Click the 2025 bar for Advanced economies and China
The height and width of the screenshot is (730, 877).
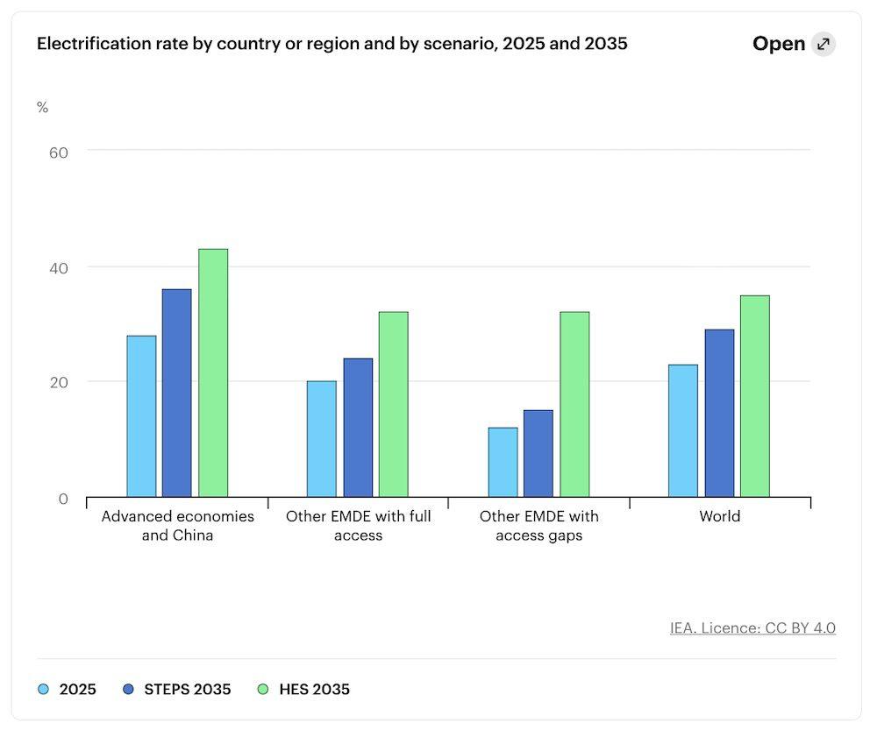(141, 416)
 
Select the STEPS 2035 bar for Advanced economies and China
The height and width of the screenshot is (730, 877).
(177, 393)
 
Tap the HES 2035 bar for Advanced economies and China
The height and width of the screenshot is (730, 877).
(213, 372)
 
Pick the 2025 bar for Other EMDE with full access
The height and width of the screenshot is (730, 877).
(322, 439)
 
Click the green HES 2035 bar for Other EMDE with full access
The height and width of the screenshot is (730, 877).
(394, 404)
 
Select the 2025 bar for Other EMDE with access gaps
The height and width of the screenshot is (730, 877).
(503, 462)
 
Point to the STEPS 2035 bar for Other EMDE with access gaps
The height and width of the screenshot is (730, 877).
(538, 453)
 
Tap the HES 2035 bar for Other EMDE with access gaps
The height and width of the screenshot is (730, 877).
(574, 404)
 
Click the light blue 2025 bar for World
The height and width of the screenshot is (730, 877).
(683, 431)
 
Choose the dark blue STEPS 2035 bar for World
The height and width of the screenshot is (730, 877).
(719, 413)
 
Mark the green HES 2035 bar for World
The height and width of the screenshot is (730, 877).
(755, 396)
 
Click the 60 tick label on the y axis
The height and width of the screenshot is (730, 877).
(59, 152)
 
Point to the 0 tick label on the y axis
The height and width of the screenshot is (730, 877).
(63, 499)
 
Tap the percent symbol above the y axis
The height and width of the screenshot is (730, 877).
(42, 107)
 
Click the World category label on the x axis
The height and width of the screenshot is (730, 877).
(720, 516)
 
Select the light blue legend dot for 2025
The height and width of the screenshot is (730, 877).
(43, 689)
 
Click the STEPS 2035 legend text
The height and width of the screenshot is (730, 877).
(188, 689)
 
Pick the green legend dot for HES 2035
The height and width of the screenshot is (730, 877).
(263, 689)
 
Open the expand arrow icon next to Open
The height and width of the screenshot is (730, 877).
(824, 44)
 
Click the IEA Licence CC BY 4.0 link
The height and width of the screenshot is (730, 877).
(752, 627)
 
